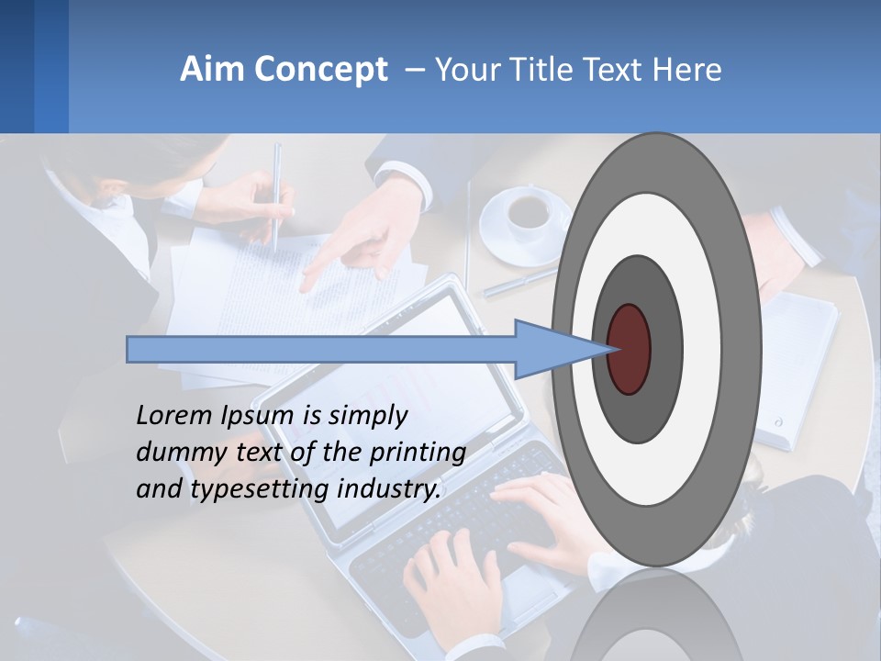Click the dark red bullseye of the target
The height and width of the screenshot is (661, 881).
tap(630, 349)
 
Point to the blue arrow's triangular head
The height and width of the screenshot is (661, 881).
tap(560, 349)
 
